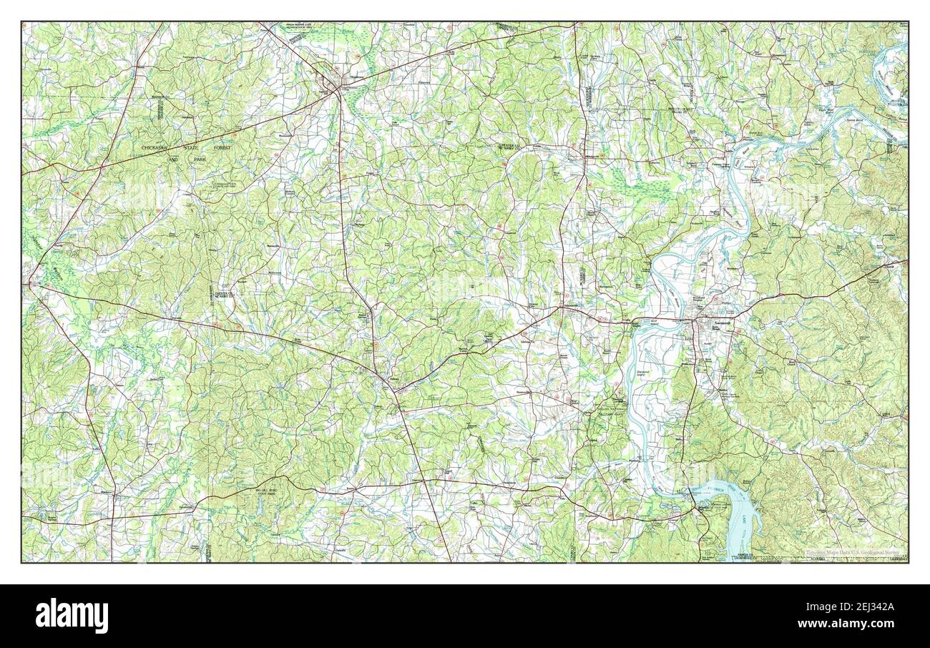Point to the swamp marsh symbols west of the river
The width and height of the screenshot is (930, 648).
coord(641,187)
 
